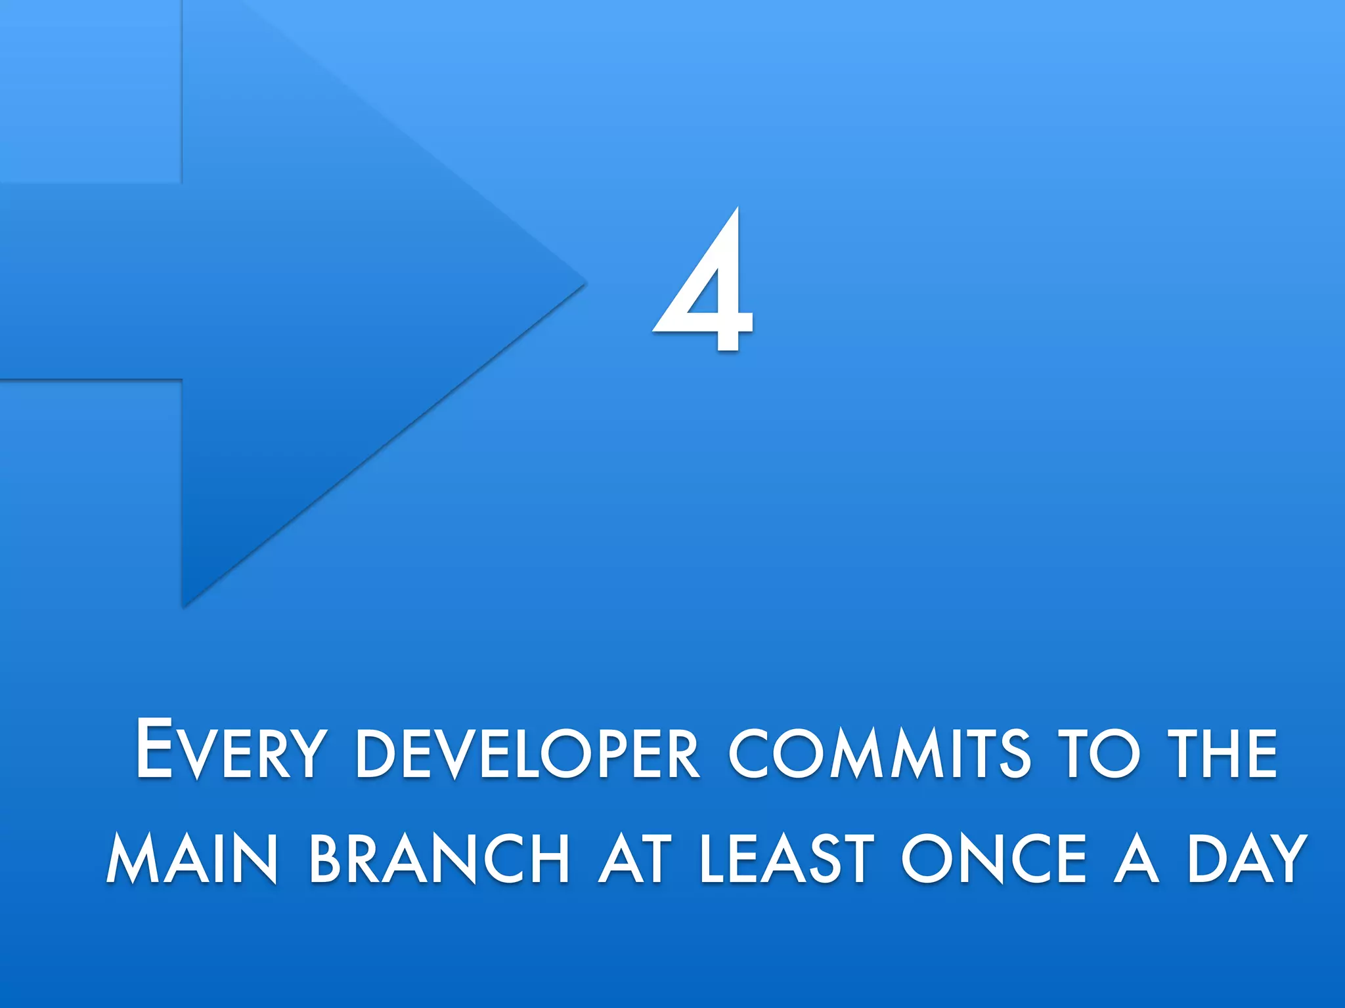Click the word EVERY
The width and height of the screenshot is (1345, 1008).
point(229,751)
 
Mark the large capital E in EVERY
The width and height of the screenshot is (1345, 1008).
point(154,748)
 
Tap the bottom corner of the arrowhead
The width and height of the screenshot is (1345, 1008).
point(185,604)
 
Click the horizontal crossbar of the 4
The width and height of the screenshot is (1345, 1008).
point(703,320)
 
